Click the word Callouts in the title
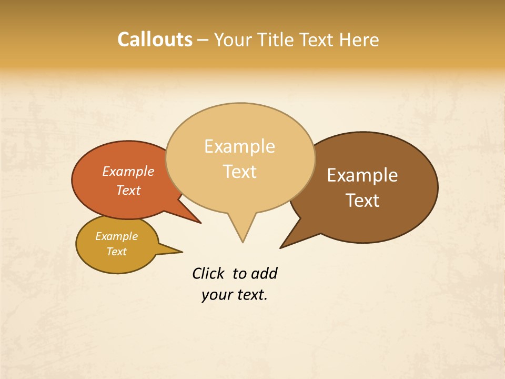155,40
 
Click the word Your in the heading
234,40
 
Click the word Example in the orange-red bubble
128,172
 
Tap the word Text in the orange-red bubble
128,190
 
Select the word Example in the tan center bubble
240,146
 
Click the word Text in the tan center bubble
240,172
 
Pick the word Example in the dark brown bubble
362,175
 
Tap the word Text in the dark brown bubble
362,201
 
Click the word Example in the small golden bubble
116,236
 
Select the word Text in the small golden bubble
116,252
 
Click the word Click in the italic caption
209,274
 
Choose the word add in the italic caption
264,274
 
